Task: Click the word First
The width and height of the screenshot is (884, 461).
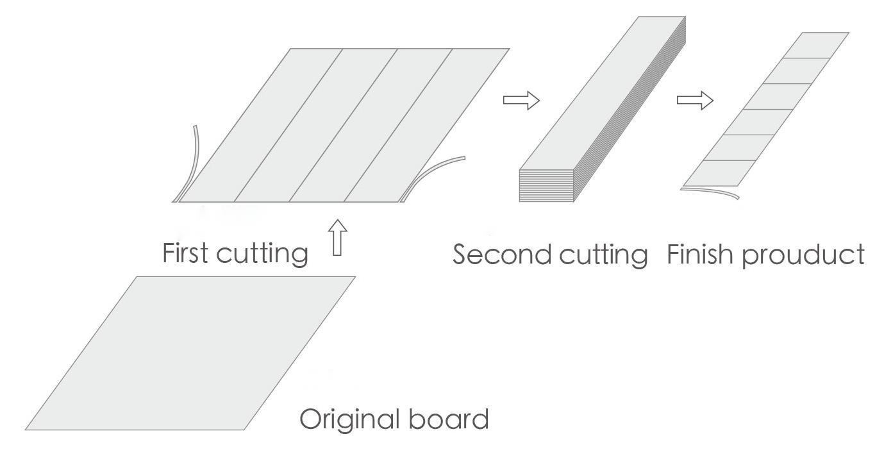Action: coord(185,253)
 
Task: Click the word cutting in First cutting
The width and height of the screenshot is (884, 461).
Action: coord(262,254)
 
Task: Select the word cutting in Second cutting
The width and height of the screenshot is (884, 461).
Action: coord(603,255)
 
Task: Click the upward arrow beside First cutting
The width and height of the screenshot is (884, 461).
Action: coord(338,238)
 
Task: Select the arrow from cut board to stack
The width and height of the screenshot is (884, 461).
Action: coord(521,100)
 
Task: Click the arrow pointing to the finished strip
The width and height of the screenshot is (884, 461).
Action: coord(695,100)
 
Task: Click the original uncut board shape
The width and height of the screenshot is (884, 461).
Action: coord(190,353)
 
